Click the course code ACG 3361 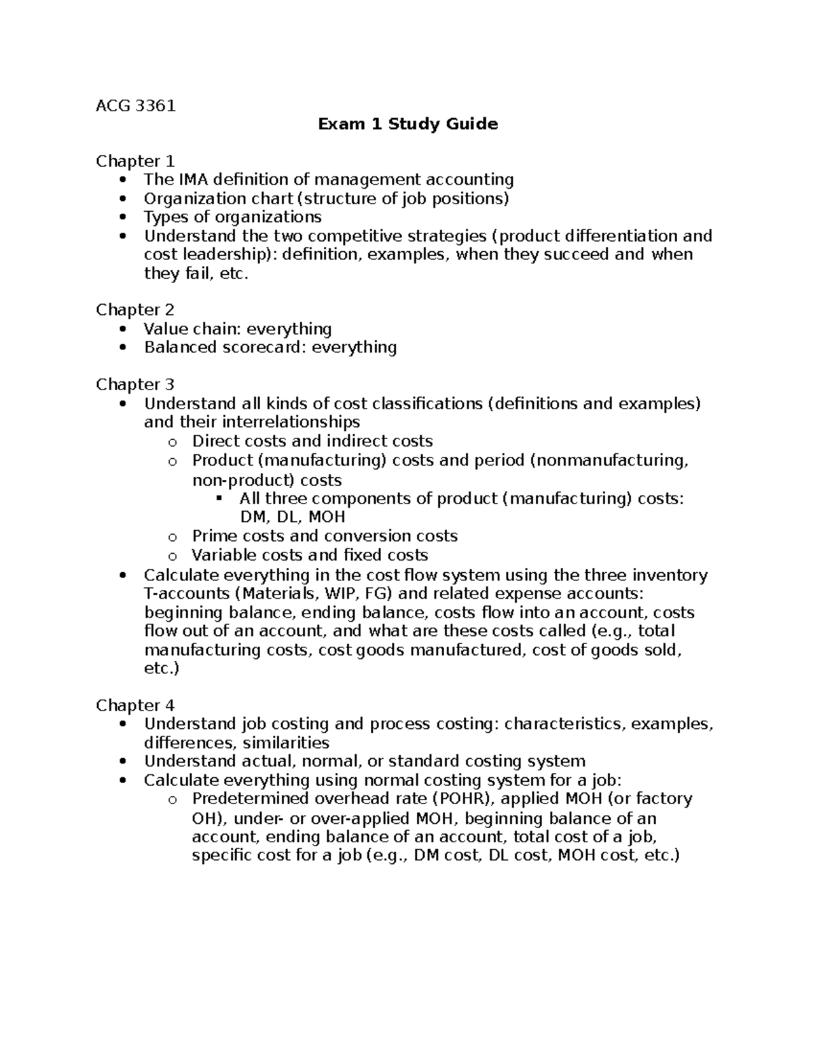[136, 106]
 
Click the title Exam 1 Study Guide [408, 124]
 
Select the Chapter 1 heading [135, 162]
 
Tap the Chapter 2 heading [135, 310]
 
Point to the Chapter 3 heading [135, 385]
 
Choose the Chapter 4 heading [135, 705]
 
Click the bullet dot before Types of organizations [122, 218]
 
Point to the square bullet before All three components [219, 499]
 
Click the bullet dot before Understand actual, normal [122, 762]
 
